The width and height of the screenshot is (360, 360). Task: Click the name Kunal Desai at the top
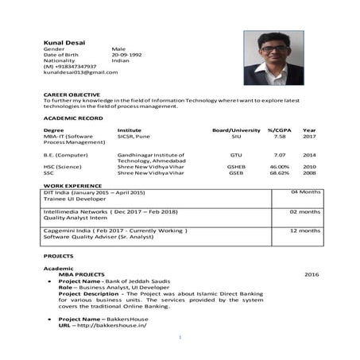click(x=64, y=42)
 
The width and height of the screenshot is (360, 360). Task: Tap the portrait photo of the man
click(x=273, y=58)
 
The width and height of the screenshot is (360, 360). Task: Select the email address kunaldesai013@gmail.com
click(x=80, y=72)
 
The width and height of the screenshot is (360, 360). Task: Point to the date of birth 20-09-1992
click(x=126, y=54)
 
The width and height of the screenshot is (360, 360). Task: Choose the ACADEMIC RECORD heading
click(x=73, y=118)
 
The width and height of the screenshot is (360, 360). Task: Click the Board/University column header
click(x=236, y=130)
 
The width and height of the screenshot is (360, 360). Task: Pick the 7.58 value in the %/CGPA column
click(x=279, y=136)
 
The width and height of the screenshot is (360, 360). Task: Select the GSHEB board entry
click(x=236, y=167)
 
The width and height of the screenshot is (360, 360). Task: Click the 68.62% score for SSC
click(x=279, y=172)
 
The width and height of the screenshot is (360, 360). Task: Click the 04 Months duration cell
click(x=305, y=192)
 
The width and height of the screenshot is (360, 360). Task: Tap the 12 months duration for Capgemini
click(x=305, y=230)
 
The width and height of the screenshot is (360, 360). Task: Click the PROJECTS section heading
click(x=58, y=256)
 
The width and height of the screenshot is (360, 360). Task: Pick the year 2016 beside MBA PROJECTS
click(x=311, y=274)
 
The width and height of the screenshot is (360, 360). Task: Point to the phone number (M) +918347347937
click(x=70, y=66)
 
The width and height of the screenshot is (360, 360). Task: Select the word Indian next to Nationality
click(x=120, y=60)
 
